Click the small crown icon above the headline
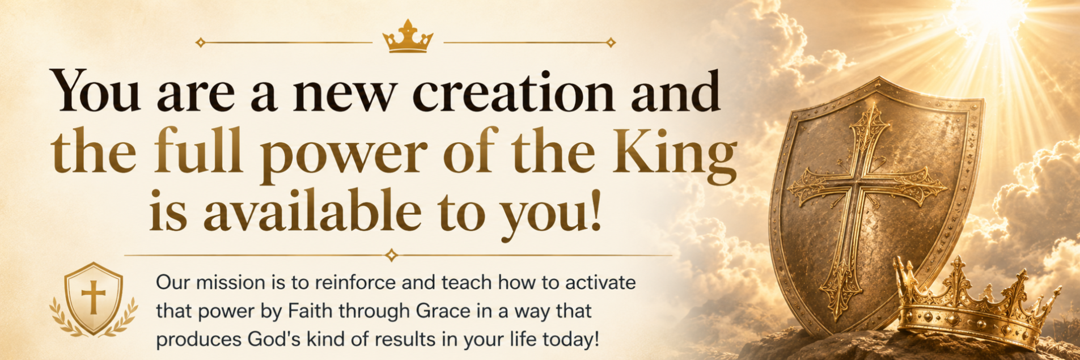(x=408, y=37)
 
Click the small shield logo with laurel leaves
(x=94, y=300)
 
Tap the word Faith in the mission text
(x=309, y=311)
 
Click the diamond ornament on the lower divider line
(x=391, y=255)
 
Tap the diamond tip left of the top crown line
(x=200, y=42)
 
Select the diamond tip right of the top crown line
(x=611, y=42)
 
